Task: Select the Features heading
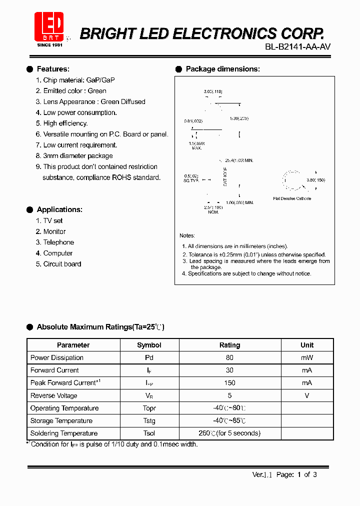[53, 69]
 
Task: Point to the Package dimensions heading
[222, 69]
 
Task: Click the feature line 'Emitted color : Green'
[74, 91]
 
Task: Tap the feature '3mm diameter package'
[78, 156]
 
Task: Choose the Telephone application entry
[58, 242]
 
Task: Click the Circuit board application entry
[62, 264]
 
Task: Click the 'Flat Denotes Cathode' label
[292, 198]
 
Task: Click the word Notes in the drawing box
[187, 235]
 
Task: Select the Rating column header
[229, 345]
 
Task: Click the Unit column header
[307, 345]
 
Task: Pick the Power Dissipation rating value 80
[229, 357]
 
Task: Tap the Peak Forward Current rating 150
[229, 383]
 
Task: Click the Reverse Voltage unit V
[307, 395]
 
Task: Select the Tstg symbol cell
[149, 421]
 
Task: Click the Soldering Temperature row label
[64, 433]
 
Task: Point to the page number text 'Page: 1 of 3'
[296, 475]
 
